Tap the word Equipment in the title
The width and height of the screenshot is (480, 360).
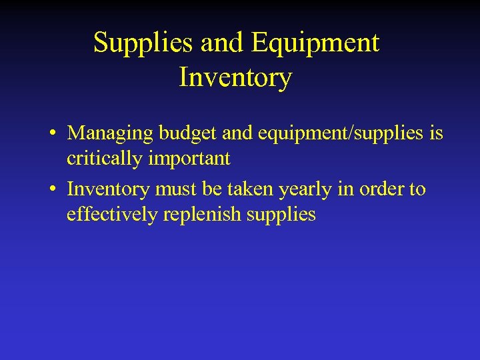(316, 43)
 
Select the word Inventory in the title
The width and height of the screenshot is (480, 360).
(235, 77)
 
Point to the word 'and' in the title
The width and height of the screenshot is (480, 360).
(223, 43)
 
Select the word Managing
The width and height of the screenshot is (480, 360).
(111, 133)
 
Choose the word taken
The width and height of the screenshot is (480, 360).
(251, 189)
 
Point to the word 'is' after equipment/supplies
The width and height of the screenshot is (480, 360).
(436, 133)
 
